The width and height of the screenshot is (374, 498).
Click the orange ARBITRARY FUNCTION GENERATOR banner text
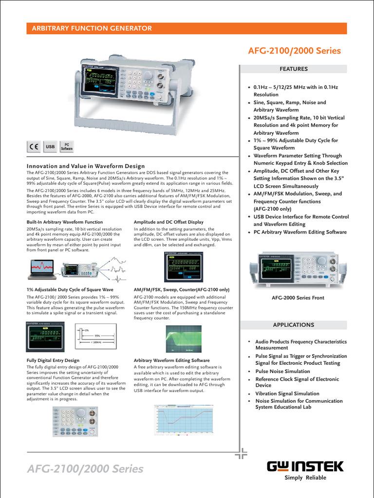tap(92, 29)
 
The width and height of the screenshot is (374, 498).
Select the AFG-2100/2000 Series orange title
tap(295, 51)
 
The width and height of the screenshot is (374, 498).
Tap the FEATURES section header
tap(294, 69)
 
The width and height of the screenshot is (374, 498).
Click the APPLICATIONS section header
tap(294, 324)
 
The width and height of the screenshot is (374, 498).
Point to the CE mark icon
tap(34, 146)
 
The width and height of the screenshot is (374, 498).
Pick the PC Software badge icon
tap(66, 146)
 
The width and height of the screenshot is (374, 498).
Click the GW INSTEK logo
tap(305, 467)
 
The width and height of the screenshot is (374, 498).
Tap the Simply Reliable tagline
tap(305, 478)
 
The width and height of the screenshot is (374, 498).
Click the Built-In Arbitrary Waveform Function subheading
tap(65, 222)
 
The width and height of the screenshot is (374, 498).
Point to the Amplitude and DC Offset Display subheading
tap(168, 222)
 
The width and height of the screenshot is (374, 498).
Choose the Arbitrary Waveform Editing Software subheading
tap(171, 360)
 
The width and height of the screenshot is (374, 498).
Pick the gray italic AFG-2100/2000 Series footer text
tap(85, 469)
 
